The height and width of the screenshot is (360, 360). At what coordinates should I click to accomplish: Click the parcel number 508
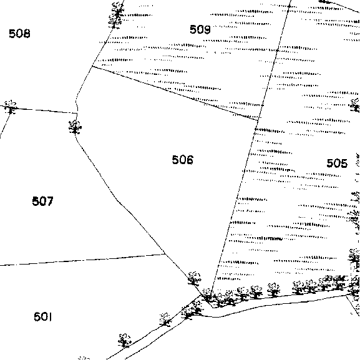(19, 34)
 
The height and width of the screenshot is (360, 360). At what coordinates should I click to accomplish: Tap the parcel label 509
(200, 29)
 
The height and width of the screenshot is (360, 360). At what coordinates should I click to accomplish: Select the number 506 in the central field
(183, 160)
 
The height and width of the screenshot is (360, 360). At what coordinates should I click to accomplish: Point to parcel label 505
(337, 163)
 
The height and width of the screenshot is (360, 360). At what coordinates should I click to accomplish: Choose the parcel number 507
(42, 201)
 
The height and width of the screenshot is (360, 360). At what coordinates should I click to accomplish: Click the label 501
(42, 317)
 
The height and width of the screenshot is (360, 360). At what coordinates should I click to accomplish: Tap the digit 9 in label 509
(207, 29)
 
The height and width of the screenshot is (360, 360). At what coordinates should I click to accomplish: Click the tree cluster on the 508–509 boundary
(117, 16)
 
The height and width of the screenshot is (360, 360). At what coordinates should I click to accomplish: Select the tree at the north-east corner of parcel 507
(75, 127)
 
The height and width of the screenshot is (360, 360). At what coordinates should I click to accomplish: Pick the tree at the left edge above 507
(11, 107)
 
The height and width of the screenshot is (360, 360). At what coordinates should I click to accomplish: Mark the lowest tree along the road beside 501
(124, 340)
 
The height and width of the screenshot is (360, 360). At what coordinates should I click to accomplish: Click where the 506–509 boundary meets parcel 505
(258, 120)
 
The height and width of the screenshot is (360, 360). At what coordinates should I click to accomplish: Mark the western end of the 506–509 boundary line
(92, 66)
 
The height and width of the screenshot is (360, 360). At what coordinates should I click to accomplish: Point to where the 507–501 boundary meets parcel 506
(165, 254)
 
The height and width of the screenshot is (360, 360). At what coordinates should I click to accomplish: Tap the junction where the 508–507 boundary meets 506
(77, 113)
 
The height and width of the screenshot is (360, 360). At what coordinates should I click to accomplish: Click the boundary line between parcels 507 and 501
(82, 260)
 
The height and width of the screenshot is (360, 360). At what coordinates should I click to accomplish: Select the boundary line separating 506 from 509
(175, 93)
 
